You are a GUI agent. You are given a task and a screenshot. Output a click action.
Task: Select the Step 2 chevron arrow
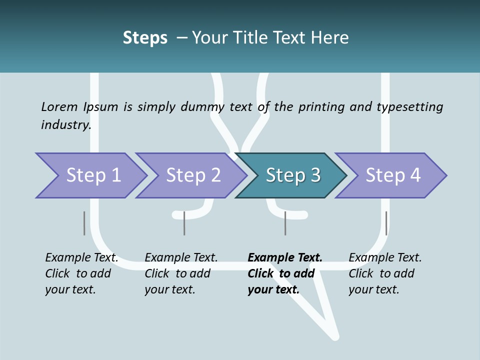pos(193,175)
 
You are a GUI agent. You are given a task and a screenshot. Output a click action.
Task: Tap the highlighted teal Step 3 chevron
pos(293,175)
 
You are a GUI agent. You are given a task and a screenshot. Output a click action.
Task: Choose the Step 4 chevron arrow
pos(393,175)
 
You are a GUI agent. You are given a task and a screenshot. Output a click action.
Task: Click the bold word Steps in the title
pos(145,37)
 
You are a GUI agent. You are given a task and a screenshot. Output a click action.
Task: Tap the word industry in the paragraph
pos(65,124)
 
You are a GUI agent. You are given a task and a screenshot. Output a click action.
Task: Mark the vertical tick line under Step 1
pos(84,223)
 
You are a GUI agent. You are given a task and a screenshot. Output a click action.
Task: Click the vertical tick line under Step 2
pos(184,223)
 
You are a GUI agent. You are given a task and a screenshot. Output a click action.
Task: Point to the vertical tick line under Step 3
pos(285,223)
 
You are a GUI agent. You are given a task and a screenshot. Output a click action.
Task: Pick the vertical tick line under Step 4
pos(386,223)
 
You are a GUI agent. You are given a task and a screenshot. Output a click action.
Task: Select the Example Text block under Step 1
pos(82,273)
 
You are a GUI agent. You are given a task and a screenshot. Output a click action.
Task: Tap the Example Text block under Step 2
pos(181,273)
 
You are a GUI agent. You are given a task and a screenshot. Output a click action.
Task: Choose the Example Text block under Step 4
pos(385,273)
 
